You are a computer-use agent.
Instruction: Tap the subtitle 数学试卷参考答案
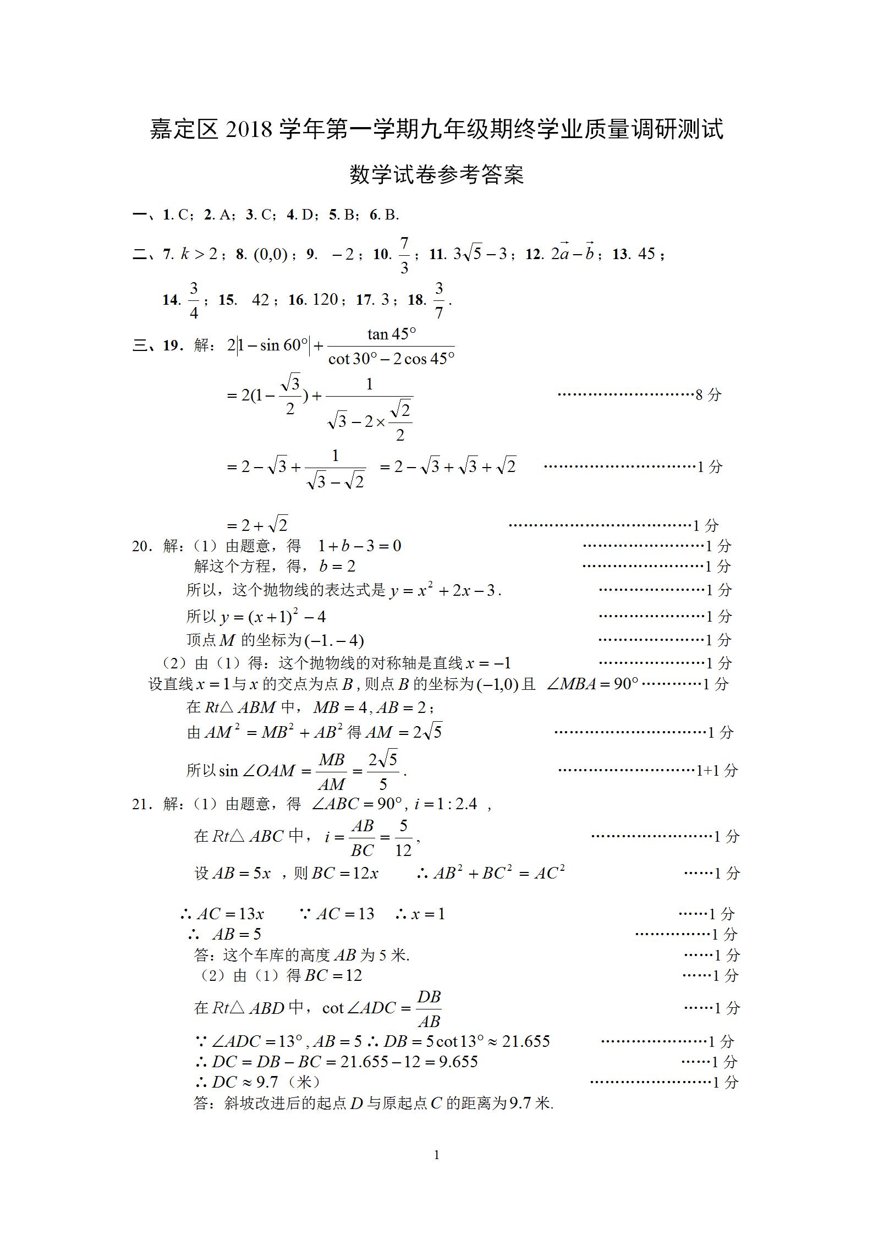tap(437, 174)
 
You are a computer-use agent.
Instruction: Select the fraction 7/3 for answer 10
tap(404, 255)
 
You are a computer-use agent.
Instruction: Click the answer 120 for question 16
tap(325, 300)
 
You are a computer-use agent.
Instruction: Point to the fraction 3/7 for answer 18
tap(438, 300)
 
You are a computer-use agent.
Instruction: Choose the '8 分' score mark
tap(708, 394)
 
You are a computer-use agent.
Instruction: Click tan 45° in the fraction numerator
tap(391, 334)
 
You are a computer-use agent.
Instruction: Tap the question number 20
tap(140, 546)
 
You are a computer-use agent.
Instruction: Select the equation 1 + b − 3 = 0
tap(360, 546)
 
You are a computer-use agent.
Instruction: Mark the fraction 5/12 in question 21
tap(403, 837)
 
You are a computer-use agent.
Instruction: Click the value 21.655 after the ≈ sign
tap(526, 1041)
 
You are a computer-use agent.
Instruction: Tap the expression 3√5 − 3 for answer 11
tap(479, 254)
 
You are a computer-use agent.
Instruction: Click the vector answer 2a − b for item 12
tap(573, 253)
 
